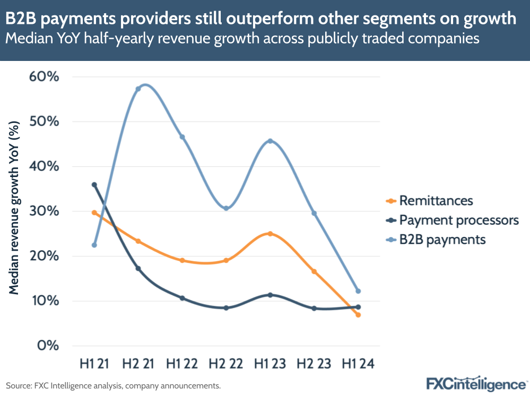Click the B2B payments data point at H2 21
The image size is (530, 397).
138,89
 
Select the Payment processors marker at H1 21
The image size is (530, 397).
94,185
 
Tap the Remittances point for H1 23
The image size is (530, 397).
271,234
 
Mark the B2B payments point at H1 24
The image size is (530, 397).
358,291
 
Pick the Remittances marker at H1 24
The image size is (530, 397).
358,315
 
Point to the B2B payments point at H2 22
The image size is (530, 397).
226,208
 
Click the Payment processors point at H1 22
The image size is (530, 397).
182,298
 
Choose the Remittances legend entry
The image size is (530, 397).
435,201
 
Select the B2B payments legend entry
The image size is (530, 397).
442,240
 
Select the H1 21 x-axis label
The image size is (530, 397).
94,364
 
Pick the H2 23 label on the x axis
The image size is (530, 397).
314,364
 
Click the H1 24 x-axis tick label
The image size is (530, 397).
358,364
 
